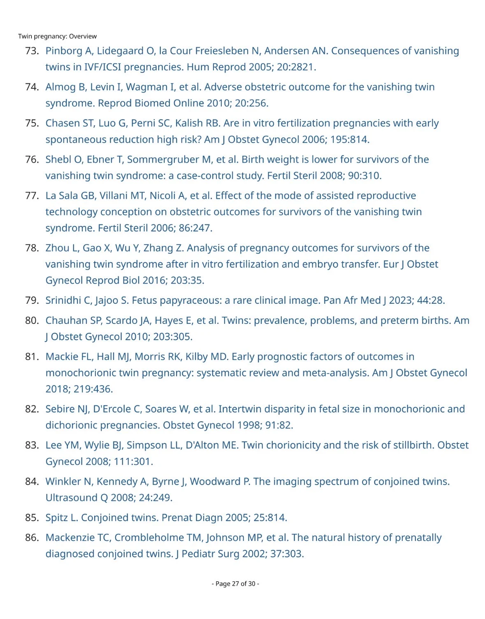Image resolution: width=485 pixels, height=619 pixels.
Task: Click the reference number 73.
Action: tap(32, 51)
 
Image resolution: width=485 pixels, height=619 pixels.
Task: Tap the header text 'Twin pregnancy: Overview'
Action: tap(57, 36)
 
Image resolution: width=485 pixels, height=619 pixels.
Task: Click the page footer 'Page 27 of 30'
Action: tap(235, 584)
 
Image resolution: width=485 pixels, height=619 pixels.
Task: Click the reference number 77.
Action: tap(32, 196)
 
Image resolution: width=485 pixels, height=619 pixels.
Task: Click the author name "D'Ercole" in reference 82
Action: tap(112, 409)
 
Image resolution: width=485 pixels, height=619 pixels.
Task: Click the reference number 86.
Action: tap(32, 538)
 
